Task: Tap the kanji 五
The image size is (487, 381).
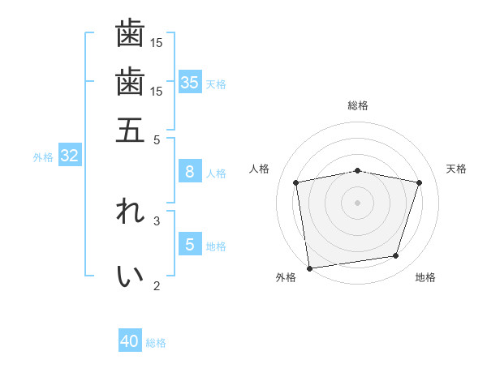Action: point(130,130)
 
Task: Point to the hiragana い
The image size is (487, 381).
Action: point(130,276)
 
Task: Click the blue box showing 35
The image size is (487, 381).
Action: point(190,82)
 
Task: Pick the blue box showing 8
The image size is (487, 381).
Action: point(190,171)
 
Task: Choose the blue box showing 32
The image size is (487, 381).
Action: point(69,156)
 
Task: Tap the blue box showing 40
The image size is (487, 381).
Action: point(130,341)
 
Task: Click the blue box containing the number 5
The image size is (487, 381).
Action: point(190,244)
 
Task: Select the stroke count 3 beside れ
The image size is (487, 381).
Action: point(157,220)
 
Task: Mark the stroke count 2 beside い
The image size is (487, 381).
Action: point(157,285)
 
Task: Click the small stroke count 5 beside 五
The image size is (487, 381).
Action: point(157,139)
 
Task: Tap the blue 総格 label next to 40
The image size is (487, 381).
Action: point(156,343)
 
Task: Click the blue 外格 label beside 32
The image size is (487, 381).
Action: point(43,157)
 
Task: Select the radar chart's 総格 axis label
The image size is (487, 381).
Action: point(357,105)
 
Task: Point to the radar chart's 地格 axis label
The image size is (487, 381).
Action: point(425,278)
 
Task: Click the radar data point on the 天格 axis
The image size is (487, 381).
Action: point(419,183)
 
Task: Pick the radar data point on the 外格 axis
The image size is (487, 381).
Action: point(309,268)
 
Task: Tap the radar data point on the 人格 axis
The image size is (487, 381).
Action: point(296,183)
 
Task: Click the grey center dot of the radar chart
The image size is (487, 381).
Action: point(357,202)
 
